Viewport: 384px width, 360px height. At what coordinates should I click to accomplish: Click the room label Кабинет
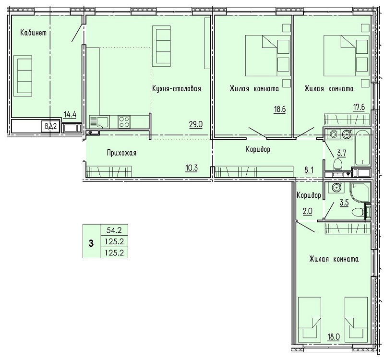(33, 33)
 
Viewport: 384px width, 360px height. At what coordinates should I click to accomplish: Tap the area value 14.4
(70, 114)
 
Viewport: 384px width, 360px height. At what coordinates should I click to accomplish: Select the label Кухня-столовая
(177, 88)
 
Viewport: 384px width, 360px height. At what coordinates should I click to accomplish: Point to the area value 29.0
(196, 124)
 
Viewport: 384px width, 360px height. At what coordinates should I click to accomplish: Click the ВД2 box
(51, 127)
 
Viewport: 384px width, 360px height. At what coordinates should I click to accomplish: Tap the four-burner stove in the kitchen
(124, 122)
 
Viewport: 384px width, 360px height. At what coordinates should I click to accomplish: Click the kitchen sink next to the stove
(99, 122)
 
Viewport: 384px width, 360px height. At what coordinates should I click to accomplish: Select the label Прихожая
(122, 153)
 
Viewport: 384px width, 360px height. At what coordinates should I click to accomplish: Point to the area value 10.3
(191, 168)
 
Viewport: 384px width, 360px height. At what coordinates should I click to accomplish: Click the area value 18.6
(280, 109)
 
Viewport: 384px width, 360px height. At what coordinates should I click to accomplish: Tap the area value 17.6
(359, 107)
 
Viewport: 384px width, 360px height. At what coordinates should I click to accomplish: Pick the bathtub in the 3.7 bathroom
(363, 148)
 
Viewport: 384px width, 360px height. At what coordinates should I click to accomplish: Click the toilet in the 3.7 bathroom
(338, 164)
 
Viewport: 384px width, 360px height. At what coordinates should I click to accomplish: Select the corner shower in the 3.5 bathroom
(360, 192)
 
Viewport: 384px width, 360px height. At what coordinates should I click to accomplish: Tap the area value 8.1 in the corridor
(309, 170)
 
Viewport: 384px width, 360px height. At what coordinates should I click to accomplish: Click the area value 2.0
(308, 211)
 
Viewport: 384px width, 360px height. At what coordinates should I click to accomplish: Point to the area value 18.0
(333, 337)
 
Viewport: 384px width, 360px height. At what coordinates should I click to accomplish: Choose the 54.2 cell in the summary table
(114, 230)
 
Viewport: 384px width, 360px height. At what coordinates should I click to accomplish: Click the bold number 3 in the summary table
(91, 244)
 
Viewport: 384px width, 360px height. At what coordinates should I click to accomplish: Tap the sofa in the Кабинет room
(23, 76)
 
